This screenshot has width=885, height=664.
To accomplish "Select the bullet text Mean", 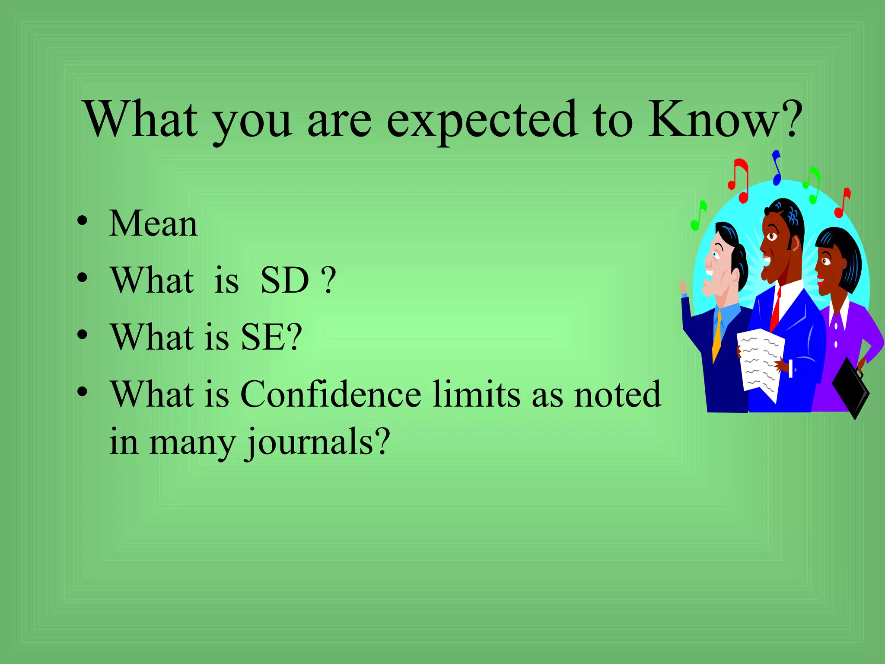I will click(153, 223).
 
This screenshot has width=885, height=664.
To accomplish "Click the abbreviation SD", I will click(285, 280).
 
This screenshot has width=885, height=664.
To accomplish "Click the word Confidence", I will click(331, 394).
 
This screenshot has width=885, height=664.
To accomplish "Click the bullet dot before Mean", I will click(82, 221).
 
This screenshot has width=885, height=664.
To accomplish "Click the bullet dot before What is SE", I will click(82, 335).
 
